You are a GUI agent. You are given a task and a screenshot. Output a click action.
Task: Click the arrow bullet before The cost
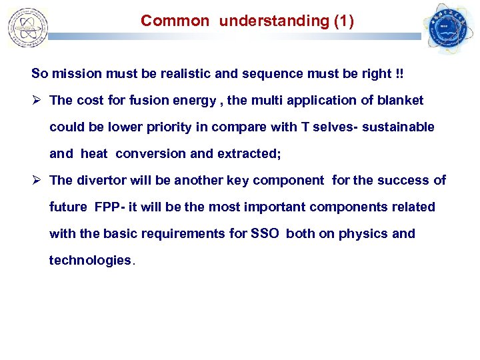pyautogui.click(x=37, y=100)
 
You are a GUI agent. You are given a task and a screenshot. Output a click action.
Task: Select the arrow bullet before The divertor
pyautogui.click(x=37, y=180)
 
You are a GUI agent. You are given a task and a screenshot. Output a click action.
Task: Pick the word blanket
pyautogui.click(x=401, y=100)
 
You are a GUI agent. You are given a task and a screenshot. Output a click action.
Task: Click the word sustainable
pyautogui.click(x=399, y=127)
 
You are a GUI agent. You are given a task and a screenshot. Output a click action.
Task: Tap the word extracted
pyautogui.click(x=249, y=153)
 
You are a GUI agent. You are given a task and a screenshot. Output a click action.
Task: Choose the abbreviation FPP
pyautogui.click(x=107, y=207)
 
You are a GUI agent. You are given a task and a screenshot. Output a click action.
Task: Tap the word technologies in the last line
pyautogui.click(x=91, y=260)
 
